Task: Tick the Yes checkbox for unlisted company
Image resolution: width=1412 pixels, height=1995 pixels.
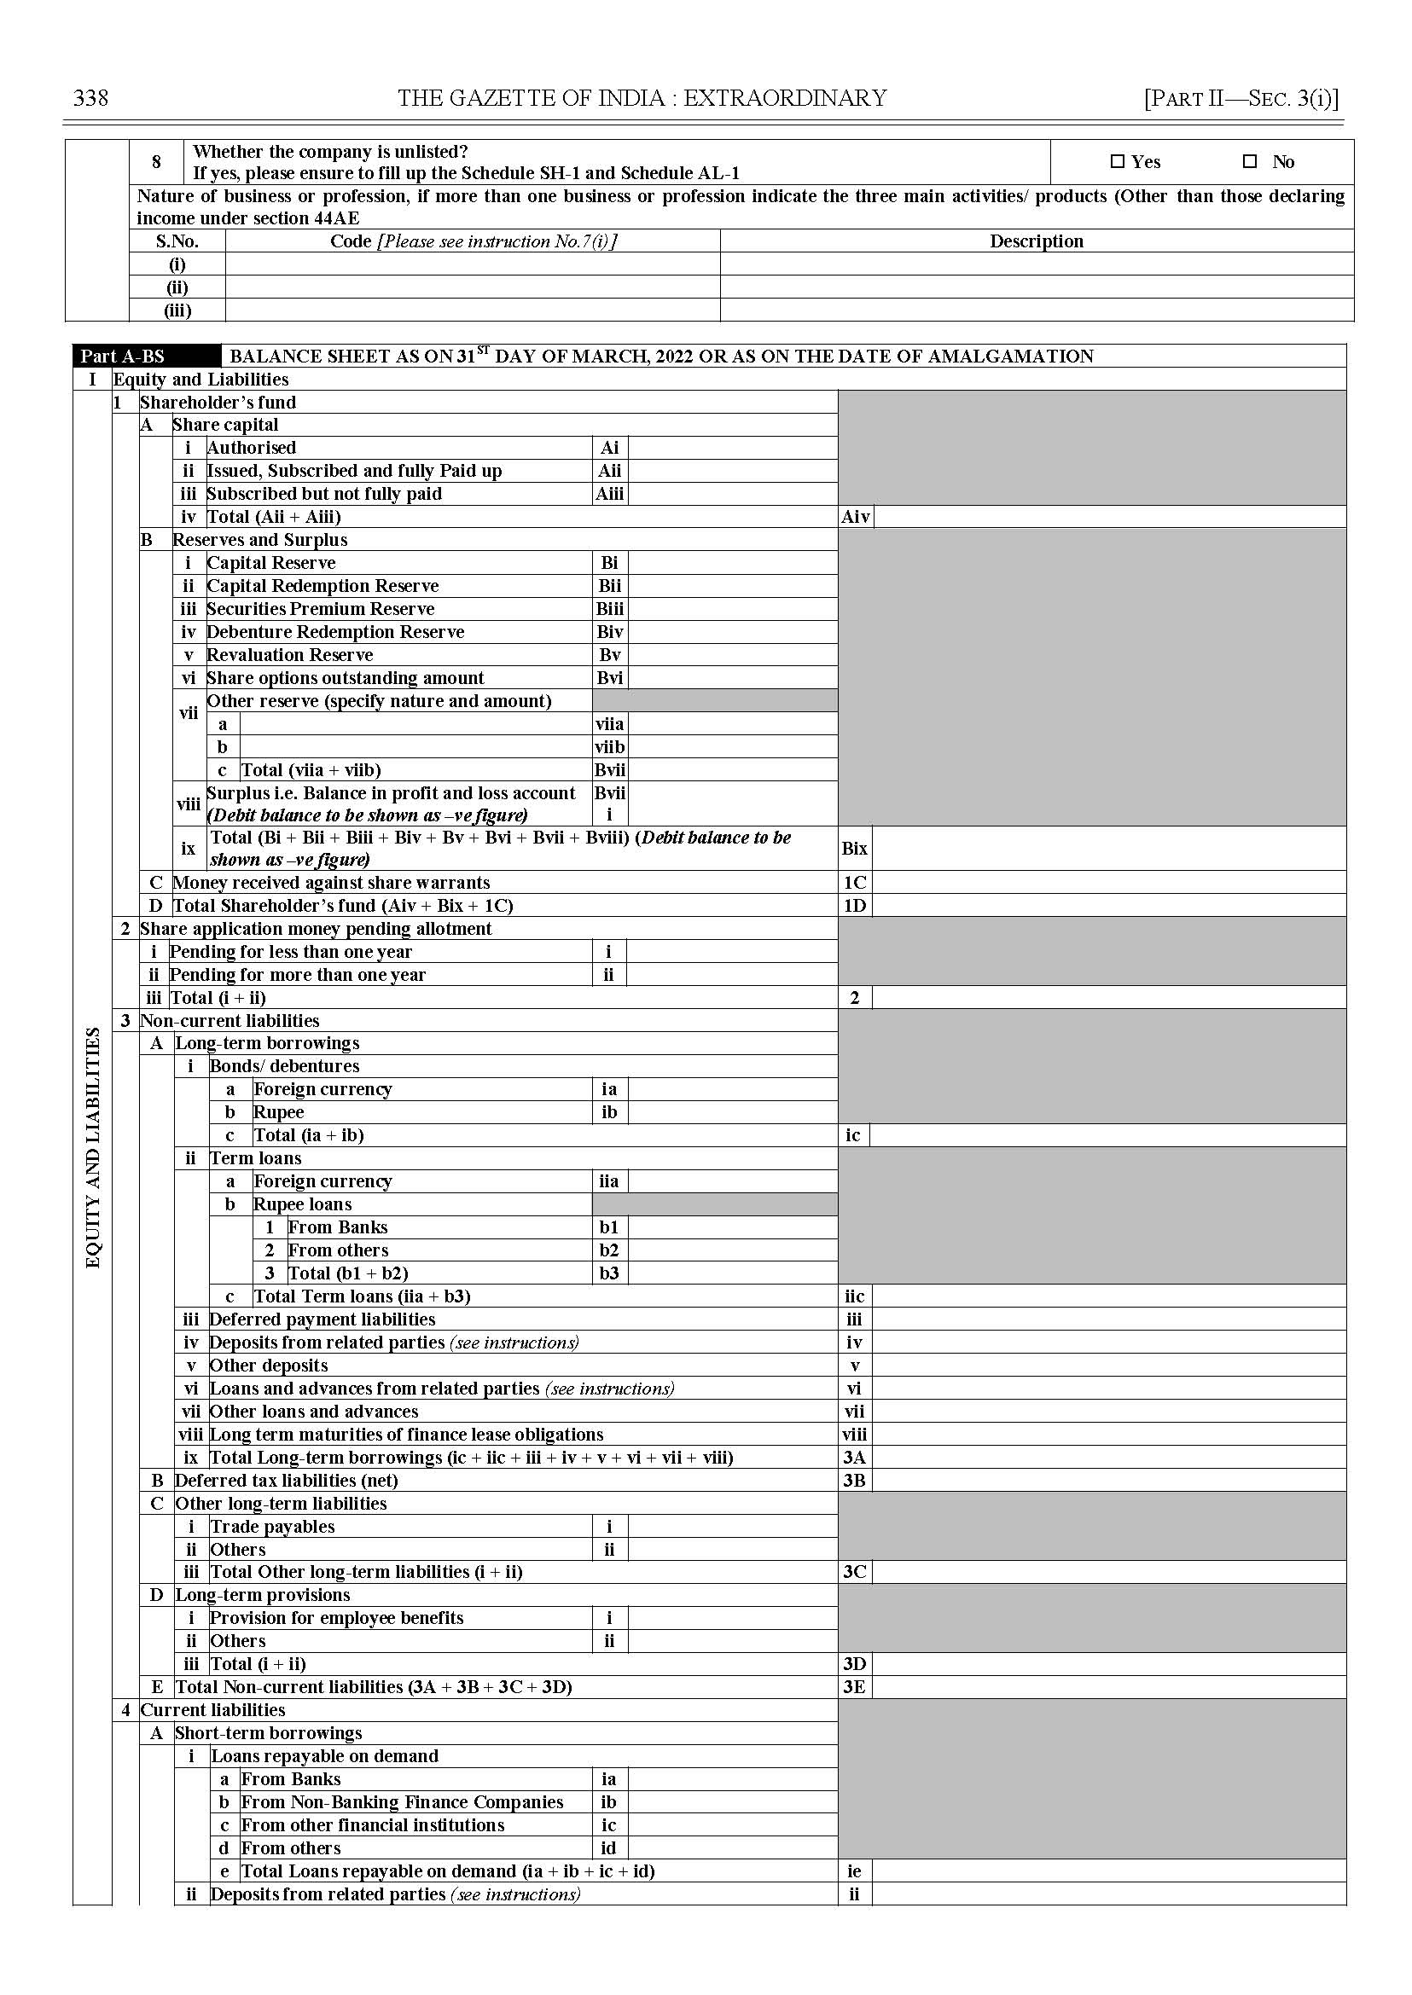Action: coord(1118,161)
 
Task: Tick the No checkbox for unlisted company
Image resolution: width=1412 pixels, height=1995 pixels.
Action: coord(1250,161)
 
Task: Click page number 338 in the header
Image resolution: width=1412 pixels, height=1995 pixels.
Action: coord(91,98)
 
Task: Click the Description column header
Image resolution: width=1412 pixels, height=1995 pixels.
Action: coord(1037,241)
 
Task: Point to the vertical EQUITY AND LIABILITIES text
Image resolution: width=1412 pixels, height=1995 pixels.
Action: coord(93,1147)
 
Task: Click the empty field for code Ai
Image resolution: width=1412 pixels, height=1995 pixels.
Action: coord(732,448)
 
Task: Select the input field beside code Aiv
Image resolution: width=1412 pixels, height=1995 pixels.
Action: coord(1108,516)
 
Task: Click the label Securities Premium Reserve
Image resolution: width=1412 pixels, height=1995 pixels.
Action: coord(320,608)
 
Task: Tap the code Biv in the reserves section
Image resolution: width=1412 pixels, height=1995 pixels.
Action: coord(609,632)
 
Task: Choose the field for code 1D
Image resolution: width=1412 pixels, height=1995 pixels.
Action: coord(1108,906)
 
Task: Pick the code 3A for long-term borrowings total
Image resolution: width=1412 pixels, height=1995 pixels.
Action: coord(854,1458)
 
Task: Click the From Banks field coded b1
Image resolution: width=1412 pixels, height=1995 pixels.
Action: coord(732,1227)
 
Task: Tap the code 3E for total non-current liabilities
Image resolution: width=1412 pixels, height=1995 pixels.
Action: coord(854,1687)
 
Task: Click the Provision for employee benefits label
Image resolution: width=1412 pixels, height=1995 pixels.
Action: coord(336,1618)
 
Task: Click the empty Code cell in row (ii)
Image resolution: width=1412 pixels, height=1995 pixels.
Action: coord(472,287)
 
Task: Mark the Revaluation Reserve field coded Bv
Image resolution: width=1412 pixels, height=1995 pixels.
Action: coord(732,654)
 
